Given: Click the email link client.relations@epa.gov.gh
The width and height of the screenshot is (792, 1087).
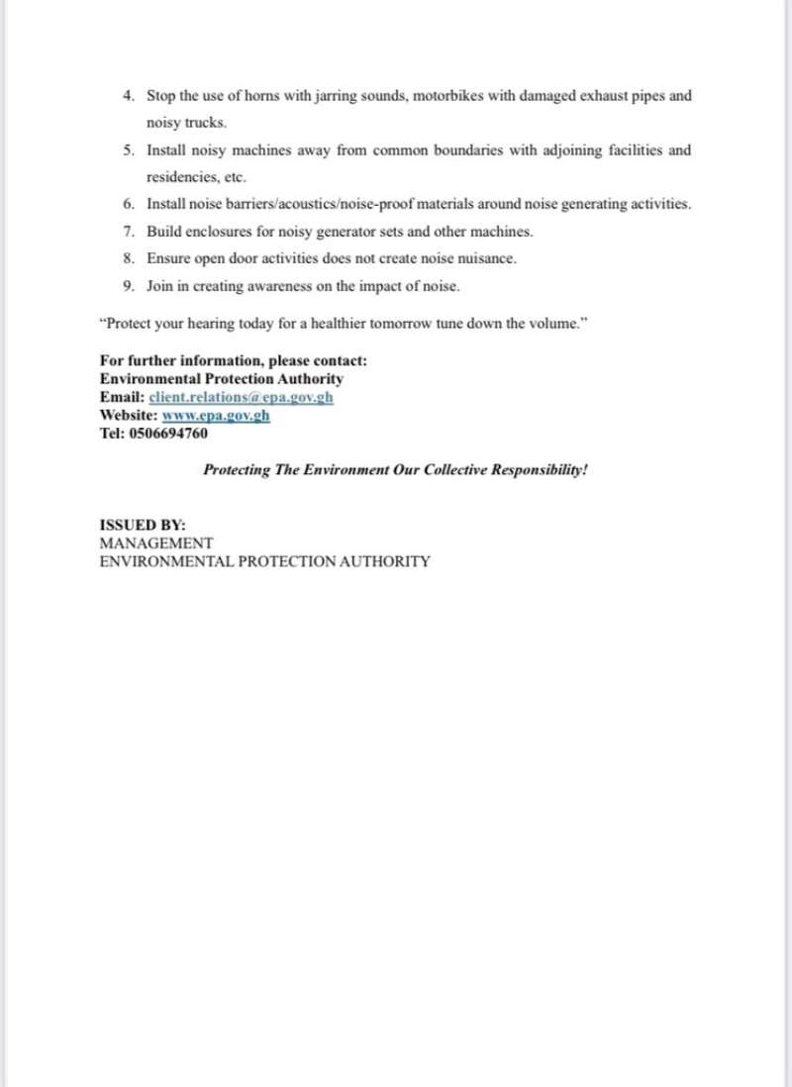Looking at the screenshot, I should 241,397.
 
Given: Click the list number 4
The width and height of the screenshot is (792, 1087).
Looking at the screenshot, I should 128,97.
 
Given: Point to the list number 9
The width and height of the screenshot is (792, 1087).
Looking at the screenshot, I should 128,286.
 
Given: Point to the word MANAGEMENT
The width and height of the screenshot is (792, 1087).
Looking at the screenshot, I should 156,543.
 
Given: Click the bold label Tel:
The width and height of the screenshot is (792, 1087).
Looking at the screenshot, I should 112,434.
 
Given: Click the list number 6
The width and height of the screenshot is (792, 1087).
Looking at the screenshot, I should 128,204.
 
